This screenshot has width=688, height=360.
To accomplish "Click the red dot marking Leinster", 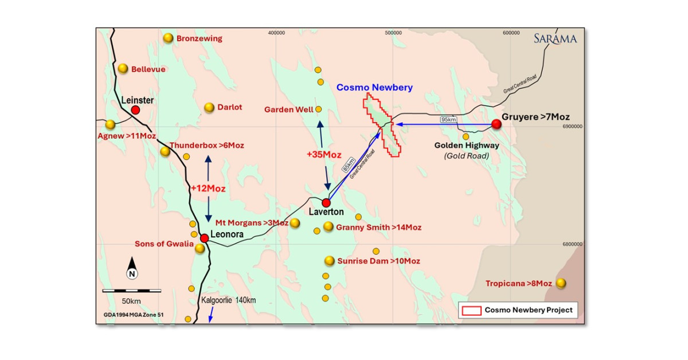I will click(135, 109).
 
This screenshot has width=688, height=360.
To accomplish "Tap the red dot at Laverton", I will click(326, 202).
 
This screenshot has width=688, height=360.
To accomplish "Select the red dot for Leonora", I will click(204, 237).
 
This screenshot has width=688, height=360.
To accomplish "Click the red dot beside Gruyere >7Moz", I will click(496, 124).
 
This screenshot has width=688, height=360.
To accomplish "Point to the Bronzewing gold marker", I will click(168, 38).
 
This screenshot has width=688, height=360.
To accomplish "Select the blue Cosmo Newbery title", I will click(374, 87).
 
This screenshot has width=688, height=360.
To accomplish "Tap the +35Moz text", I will click(324, 155).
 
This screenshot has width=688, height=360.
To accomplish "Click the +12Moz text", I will click(208, 188).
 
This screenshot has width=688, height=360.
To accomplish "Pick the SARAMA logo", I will click(554, 39).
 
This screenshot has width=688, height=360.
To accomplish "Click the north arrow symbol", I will click(132, 268).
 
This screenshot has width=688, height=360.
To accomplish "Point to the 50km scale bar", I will click(131, 291).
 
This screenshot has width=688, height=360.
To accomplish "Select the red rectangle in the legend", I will click(471, 310).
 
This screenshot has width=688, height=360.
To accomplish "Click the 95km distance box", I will click(447, 119).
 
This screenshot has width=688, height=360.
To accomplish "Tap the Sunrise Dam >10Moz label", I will click(378, 261).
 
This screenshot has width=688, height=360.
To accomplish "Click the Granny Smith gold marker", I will click(328, 226).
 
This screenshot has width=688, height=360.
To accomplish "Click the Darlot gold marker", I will click(209, 107).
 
